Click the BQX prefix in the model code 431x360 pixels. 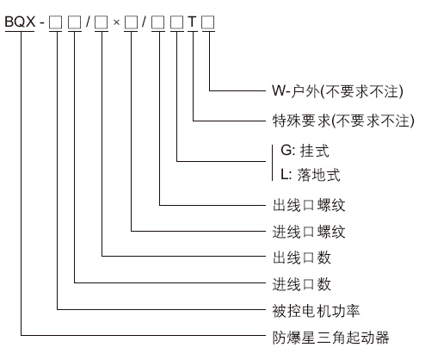20,22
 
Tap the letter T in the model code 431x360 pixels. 193,22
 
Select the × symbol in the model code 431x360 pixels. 116,22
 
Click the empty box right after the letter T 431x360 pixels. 208,22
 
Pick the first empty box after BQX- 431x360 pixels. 55,22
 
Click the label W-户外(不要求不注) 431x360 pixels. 337,91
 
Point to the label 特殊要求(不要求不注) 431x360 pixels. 343,121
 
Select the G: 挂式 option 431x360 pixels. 305,151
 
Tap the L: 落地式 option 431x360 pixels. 311,175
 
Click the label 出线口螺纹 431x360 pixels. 309,205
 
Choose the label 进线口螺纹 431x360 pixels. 309,232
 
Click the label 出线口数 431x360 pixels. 302,258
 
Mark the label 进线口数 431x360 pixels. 302,284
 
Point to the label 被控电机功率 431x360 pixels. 316,311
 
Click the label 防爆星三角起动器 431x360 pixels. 330,338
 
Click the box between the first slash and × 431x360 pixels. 102,22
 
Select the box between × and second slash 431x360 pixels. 131,22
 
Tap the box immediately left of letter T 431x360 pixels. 176,22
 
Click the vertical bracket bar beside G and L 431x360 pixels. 272,163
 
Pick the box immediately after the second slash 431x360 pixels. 158,22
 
